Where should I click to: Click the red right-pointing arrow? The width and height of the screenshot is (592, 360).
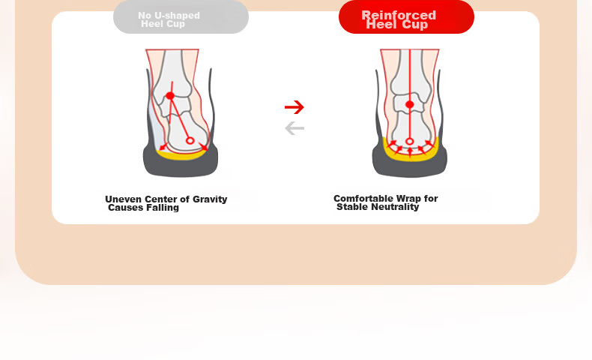point(295,107)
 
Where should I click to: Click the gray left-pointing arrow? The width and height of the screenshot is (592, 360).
point(295,128)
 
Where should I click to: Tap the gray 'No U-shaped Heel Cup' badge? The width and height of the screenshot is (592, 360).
point(181,17)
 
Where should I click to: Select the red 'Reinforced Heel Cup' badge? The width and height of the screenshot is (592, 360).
point(406,17)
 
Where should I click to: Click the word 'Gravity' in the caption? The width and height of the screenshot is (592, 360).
point(210,199)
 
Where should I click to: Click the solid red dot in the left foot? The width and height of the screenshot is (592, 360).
point(170,96)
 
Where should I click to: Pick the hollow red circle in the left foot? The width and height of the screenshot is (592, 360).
point(190,141)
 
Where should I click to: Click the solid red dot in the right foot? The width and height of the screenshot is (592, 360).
point(410,105)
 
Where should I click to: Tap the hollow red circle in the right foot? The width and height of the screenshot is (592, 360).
point(410,142)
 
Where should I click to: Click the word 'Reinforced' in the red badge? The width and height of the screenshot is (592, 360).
point(399,15)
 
